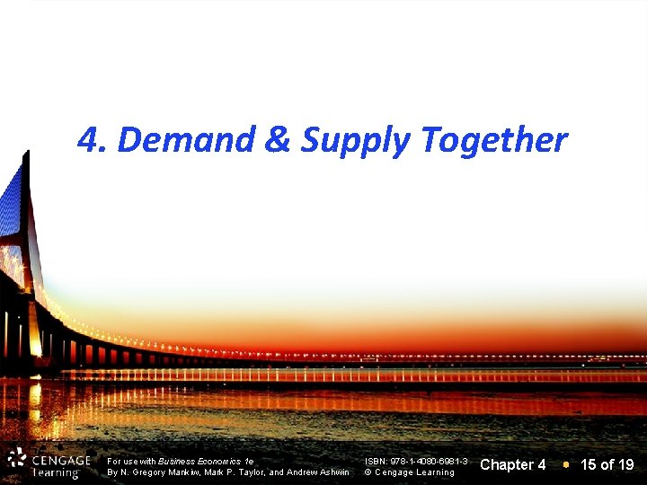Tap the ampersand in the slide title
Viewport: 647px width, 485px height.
278,140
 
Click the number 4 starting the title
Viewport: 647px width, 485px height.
87,140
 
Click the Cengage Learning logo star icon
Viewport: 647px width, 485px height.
16,459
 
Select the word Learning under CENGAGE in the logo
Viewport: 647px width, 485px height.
56,473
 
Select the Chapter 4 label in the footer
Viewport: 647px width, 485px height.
513,464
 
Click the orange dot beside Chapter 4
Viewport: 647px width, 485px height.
565,464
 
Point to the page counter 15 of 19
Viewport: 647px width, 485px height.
607,464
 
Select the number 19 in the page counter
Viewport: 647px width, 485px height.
625,464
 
